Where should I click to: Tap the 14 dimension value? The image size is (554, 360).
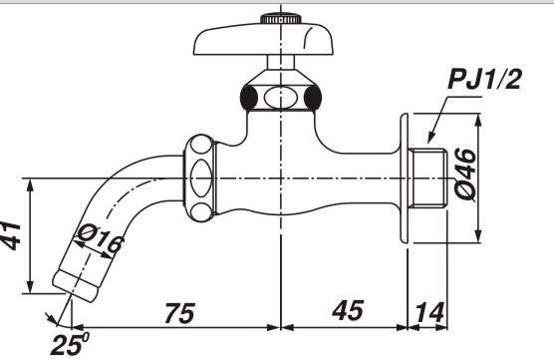(431, 311)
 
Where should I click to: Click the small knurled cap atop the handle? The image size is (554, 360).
(284, 17)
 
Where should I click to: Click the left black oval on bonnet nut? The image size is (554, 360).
(250, 97)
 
